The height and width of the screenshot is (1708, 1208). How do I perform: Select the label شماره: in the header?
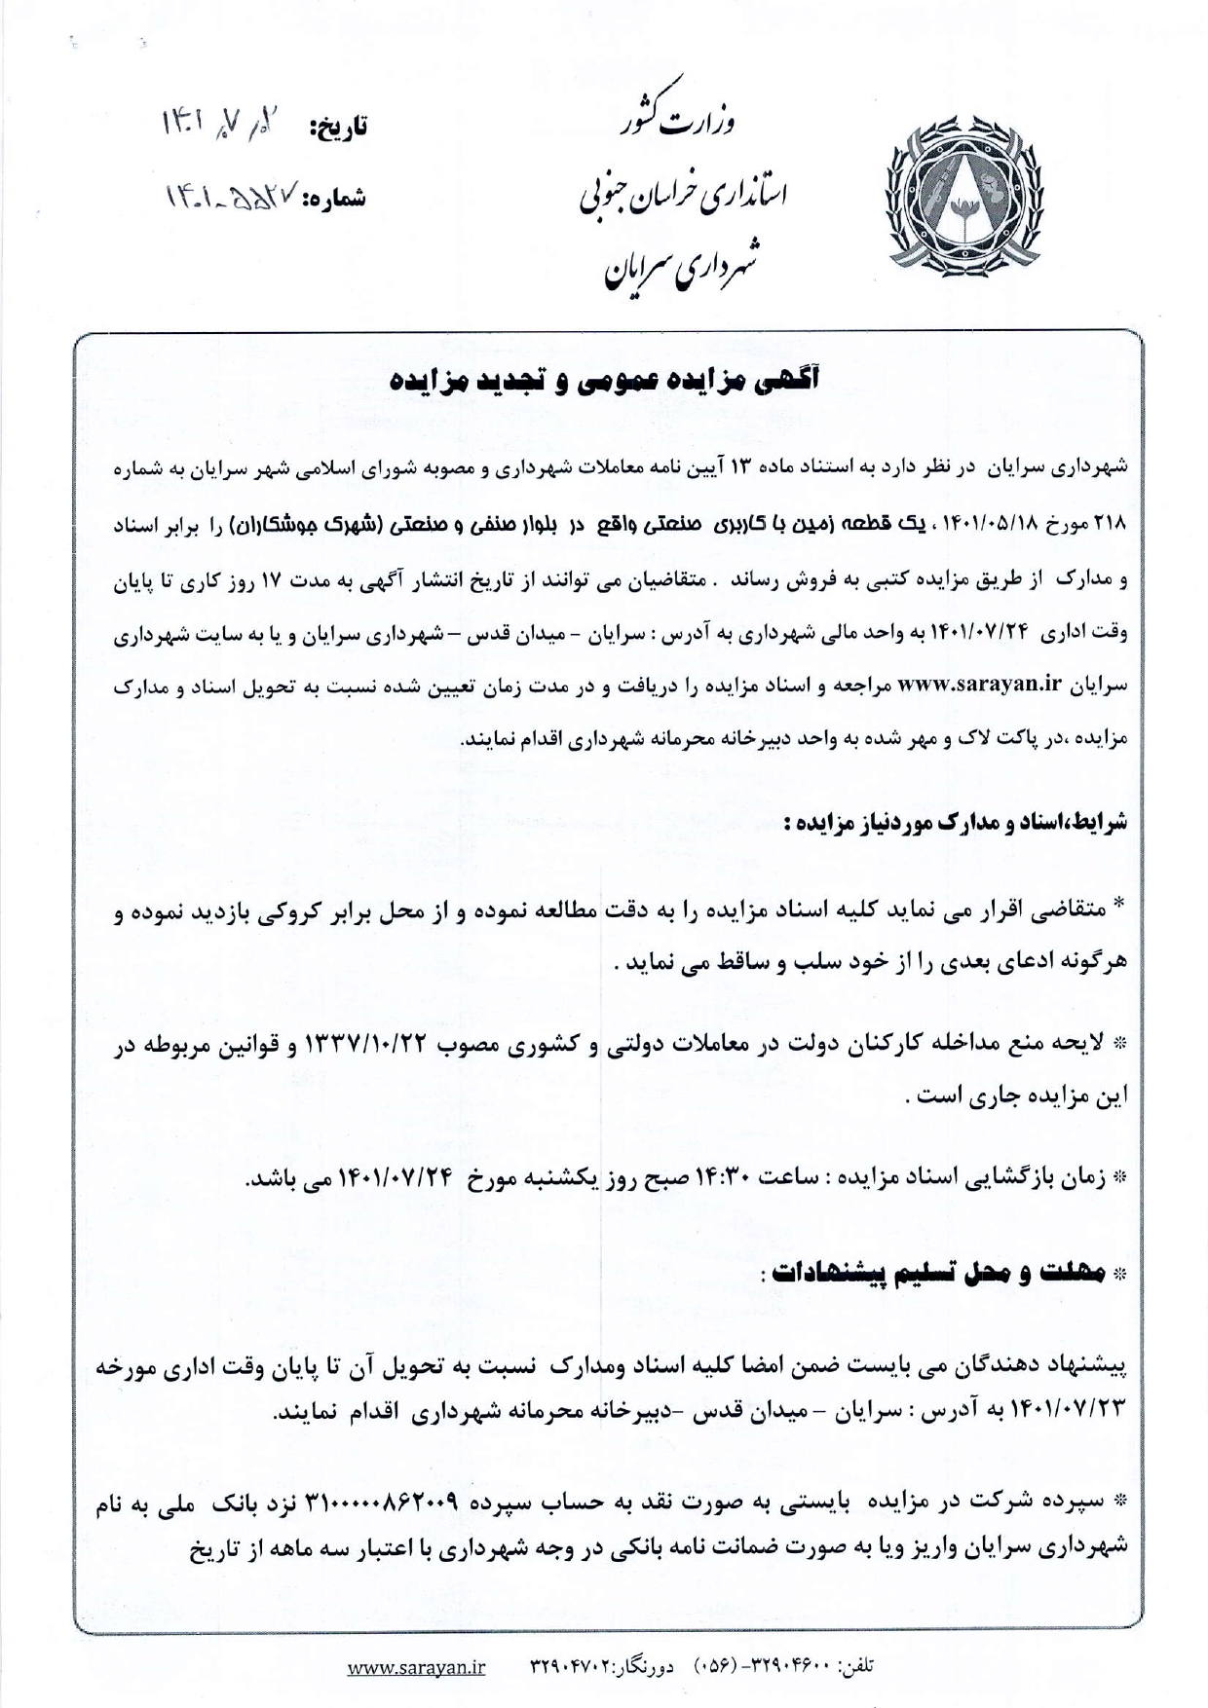[x=335, y=199]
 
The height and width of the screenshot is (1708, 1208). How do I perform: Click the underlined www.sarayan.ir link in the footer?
[x=417, y=1667]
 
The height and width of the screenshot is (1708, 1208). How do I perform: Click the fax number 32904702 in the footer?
[x=570, y=1667]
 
